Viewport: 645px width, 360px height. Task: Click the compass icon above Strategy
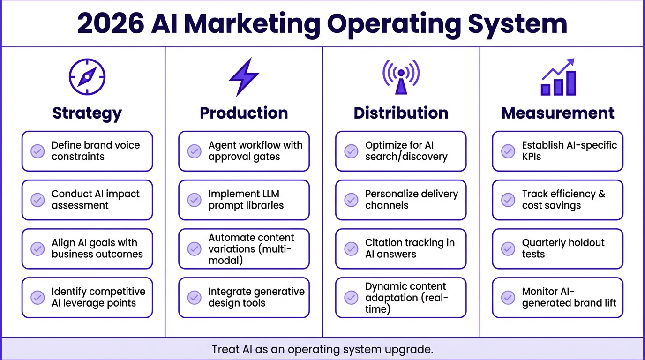pos(87,77)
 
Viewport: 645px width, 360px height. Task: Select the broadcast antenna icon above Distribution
pos(401,76)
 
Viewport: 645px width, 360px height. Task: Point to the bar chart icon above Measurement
pos(558,77)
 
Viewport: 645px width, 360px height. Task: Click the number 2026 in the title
pos(111,23)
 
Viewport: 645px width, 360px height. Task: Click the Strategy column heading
pos(87,113)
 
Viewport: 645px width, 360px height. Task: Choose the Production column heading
pos(244,113)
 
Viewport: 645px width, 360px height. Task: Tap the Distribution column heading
pos(401,113)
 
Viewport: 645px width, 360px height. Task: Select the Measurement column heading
pos(558,113)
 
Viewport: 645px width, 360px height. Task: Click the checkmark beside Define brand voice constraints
pos(37,151)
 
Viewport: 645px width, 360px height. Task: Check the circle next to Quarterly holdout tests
pos(508,248)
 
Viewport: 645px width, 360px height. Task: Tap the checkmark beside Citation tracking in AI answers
pos(351,248)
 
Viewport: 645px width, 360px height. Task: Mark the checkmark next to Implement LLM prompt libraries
pos(195,200)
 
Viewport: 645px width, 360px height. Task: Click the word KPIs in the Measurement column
pos(532,157)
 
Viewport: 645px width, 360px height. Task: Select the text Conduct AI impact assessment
pos(96,200)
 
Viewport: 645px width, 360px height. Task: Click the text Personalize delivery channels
pos(412,200)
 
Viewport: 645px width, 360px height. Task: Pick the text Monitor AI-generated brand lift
pos(569,297)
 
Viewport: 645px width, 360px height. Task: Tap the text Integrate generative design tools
pos(256,297)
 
